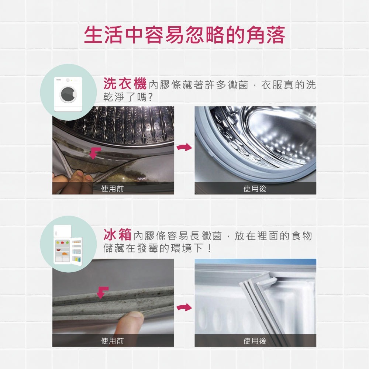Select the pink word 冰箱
tap(117, 234)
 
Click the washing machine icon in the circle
tap(68, 94)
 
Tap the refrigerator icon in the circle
tap(68, 245)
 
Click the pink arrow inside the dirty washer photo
tap(95, 153)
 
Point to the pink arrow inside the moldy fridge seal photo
tap(103, 293)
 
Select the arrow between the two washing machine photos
tap(184, 148)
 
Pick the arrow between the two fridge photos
tap(184, 307)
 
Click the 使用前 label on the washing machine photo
tap(113, 189)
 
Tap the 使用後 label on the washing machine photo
tap(255, 189)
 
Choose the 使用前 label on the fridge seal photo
tap(113, 341)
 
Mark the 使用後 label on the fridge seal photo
tap(255, 341)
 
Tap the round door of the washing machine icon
tap(68, 94)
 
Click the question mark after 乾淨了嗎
tap(151, 97)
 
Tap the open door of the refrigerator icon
tap(77, 251)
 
